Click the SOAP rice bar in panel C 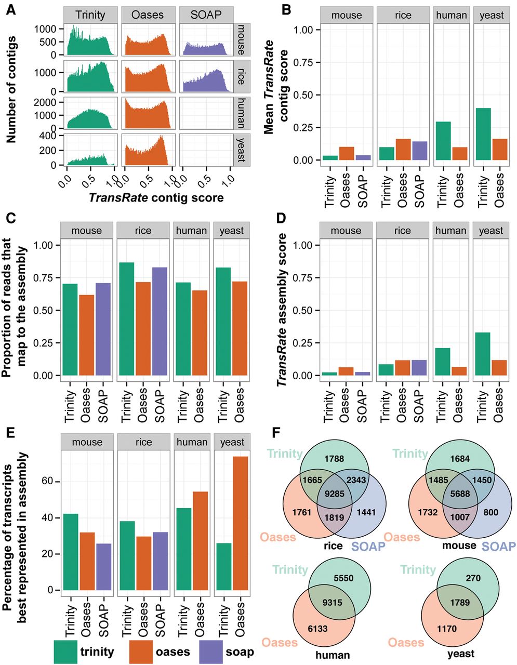[160, 321]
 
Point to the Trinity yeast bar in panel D [483, 354]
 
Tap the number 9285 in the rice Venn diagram [335, 494]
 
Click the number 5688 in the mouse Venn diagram [460, 494]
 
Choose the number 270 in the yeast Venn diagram [473, 578]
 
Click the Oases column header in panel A [148, 15]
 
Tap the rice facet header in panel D [403, 231]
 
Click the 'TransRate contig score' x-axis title [156, 198]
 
